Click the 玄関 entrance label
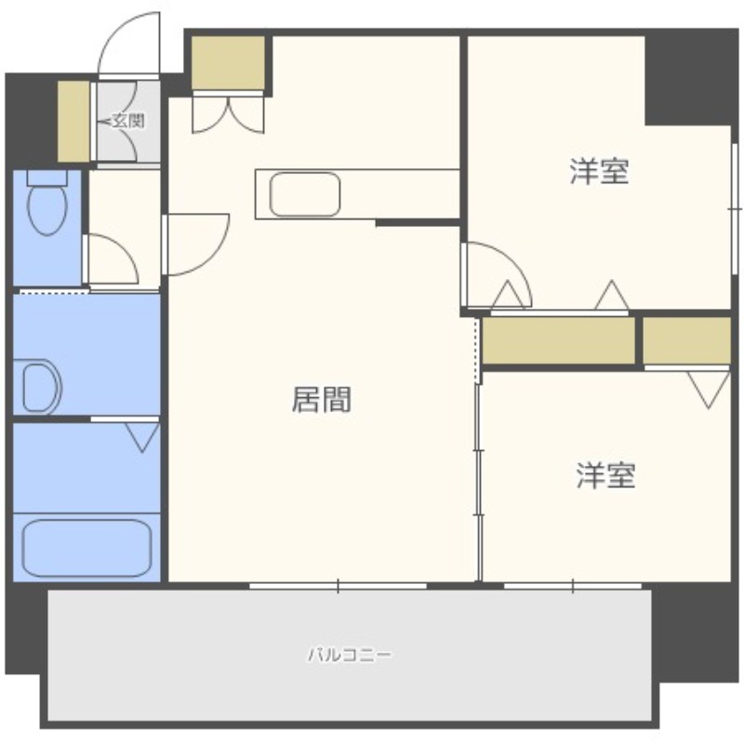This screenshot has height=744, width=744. click(x=128, y=121)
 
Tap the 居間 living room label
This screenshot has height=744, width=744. click(x=321, y=400)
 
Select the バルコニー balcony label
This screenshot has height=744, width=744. click(x=351, y=656)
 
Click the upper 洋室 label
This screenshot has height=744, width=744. click(x=599, y=171)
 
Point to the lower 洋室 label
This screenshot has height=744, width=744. click(x=606, y=475)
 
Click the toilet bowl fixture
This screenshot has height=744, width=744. click(x=47, y=203)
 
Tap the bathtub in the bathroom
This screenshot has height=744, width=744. click(x=86, y=549)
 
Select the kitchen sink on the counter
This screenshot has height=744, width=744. click(x=305, y=194)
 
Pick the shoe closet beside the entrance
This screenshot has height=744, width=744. click(x=73, y=121)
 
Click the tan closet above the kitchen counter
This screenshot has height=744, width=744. click(x=228, y=63)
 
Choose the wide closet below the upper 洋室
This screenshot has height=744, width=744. click(x=559, y=340)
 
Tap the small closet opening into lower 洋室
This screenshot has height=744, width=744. click(x=686, y=340)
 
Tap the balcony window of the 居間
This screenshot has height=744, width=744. click(x=338, y=587)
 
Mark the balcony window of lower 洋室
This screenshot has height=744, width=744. click(x=573, y=587)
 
